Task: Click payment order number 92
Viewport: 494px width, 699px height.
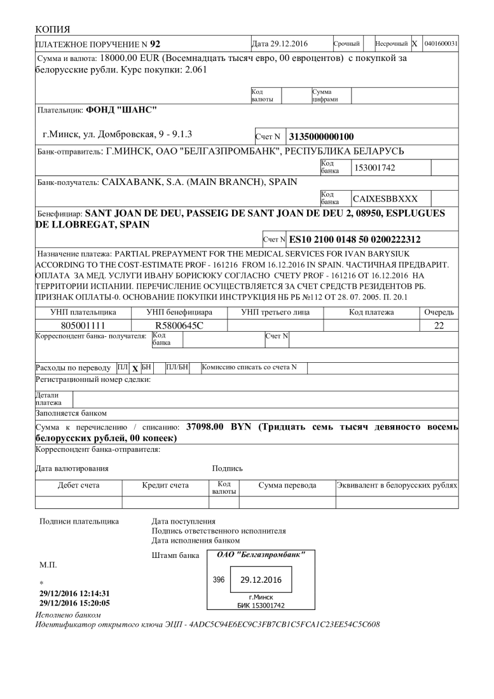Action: pyautogui.click(x=154, y=44)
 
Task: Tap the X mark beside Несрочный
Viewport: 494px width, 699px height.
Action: pyautogui.click(x=414, y=44)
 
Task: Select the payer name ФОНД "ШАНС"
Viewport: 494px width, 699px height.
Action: pyautogui.click(x=121, y=109)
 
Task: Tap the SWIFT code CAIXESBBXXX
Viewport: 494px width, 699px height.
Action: pyautogui.click(x=385, y=198)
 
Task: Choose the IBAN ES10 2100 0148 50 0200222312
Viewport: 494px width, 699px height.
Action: pyautogui.click(x=354, y=240)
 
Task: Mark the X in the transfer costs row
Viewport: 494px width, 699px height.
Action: pyautogui.click(x=135, y=369)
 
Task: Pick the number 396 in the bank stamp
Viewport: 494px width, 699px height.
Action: pyautogui.click(x=219, y=580)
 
